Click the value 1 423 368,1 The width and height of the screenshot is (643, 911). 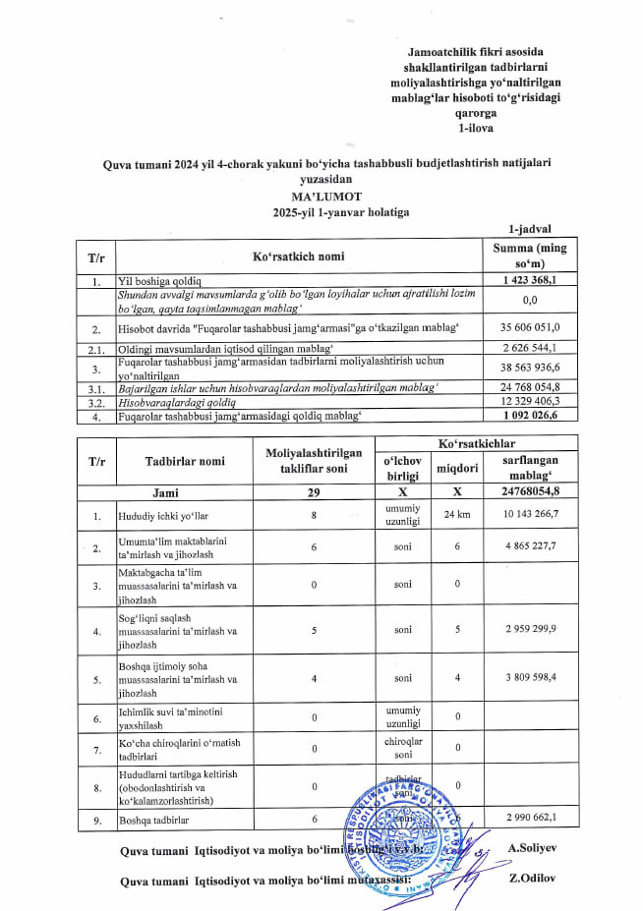537,281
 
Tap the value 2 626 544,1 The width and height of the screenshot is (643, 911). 537,347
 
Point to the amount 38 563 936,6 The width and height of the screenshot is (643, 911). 537,367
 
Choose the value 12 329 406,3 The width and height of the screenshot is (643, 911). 537,401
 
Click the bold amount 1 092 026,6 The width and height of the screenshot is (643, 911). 537,415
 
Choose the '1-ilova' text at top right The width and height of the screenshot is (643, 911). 476,128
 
